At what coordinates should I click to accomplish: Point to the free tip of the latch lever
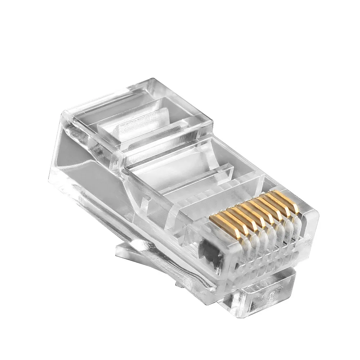[121, 250]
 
